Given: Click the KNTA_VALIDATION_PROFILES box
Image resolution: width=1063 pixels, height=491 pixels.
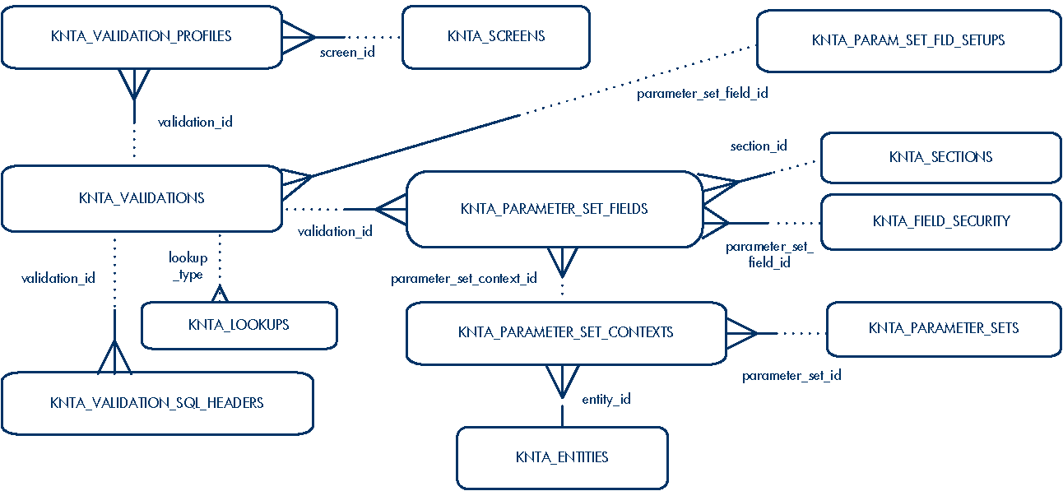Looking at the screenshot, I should point(142,36).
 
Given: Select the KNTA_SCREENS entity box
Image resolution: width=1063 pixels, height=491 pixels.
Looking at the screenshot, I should point(496,36).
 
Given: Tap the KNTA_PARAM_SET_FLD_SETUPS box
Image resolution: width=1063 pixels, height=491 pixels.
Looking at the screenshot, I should point(908,40).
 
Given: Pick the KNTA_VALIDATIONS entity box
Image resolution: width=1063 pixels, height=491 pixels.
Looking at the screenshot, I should point(142,198).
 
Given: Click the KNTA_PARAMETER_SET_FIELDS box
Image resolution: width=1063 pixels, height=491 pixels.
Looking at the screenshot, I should point(555,209).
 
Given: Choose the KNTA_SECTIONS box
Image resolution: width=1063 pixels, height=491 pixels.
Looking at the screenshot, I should point(940,157).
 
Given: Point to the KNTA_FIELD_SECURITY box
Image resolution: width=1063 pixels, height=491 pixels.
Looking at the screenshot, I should point(940,221).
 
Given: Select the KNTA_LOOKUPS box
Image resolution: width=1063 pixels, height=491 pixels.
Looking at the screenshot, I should point(239,325).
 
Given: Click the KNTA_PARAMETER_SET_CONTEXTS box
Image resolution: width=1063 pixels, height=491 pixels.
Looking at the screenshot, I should point(566,332).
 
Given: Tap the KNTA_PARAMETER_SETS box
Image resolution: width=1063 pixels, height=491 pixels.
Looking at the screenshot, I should point(944,328).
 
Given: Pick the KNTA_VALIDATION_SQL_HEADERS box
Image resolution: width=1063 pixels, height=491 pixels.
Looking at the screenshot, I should point(157,403).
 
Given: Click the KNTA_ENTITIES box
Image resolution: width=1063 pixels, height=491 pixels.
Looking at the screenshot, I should point(562,457).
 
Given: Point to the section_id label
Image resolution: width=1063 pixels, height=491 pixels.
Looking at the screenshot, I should point(759,146).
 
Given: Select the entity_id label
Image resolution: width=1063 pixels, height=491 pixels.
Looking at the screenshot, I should point(606,400).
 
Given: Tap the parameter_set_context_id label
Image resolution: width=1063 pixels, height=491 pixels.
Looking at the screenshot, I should point(464,279).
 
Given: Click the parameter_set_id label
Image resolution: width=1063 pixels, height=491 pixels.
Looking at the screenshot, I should point(791,376).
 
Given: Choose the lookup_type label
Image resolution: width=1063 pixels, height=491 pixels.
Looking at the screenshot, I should point(188,266).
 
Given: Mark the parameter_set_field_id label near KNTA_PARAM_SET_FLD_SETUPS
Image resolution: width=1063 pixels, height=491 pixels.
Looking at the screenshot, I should point(702,94).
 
